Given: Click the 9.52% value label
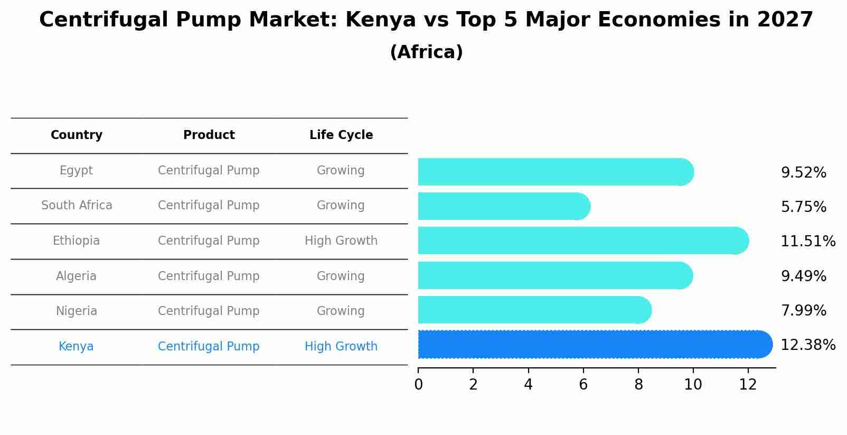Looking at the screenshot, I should coord(803,173).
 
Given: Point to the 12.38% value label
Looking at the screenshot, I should coord(807,345).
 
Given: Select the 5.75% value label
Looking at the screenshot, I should coord(803,207).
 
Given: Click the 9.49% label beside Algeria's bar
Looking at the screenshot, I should coord(803,276).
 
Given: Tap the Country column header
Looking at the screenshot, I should coord(77,135).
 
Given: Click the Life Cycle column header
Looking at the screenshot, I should coord(341,135).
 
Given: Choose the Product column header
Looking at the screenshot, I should coord(209,135).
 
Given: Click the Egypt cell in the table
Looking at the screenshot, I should coord(76,171).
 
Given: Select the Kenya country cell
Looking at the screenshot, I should coord(76,347).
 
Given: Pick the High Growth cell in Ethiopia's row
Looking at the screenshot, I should coord(341,241).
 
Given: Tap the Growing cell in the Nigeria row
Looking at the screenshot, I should coord(341,311).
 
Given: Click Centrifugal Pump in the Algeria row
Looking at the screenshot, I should coord(209,276).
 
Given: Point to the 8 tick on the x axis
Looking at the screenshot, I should coord(638,385).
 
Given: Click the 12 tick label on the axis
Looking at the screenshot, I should coord(748,385).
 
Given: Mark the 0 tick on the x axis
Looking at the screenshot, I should coord(419,385).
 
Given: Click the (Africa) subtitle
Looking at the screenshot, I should coord(426,52).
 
